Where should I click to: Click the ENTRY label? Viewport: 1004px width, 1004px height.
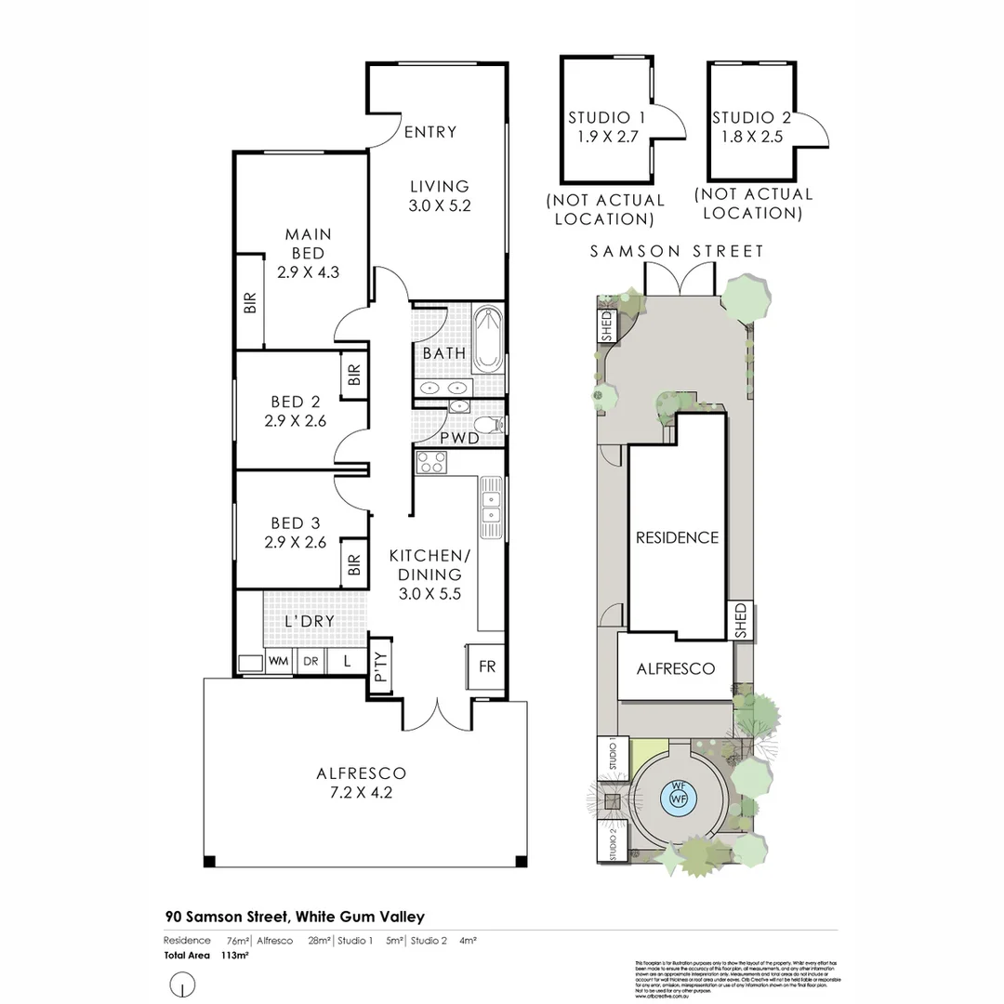[430, 132]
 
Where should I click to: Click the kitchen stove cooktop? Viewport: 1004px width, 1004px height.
[431, 462]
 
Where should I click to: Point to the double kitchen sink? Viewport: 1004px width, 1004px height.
[490, 508]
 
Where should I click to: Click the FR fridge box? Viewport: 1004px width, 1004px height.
[487, 667]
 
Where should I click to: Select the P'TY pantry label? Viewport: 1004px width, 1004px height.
[380, 665]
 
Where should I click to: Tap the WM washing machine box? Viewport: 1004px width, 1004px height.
[278, 661]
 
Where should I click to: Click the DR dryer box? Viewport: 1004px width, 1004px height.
[310, 661]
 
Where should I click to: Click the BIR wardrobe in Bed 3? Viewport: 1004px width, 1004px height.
[353, 563]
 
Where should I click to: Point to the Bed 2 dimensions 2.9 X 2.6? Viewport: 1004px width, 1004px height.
[296, 420]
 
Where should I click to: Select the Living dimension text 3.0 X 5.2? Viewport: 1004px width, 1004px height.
[439, 206]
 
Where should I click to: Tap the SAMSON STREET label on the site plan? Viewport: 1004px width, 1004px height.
[678, 251]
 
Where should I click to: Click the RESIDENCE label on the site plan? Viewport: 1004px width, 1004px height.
[677, 537]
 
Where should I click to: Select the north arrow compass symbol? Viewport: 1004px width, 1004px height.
[184, 984]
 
